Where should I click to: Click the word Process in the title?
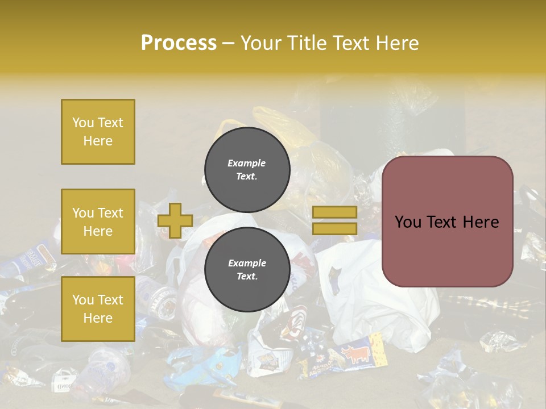[x=179, y=43]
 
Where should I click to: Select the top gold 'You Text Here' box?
[x=98, y=132]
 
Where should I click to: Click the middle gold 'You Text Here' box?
[x=98, y=222]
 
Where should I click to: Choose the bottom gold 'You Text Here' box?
[x=98, y=308]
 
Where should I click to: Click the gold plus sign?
[x=175, y=220]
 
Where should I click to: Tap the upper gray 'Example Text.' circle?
[x=247, y=169]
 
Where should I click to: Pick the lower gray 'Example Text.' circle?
[x=247, y=269]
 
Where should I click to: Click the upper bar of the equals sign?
[x=335, y=212]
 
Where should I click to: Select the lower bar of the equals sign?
[x=335, y=228]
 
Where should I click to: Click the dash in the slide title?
[x=229, y=43]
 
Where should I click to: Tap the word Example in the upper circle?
[x=247, y=163]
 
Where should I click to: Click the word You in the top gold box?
[x=82, y=123]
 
